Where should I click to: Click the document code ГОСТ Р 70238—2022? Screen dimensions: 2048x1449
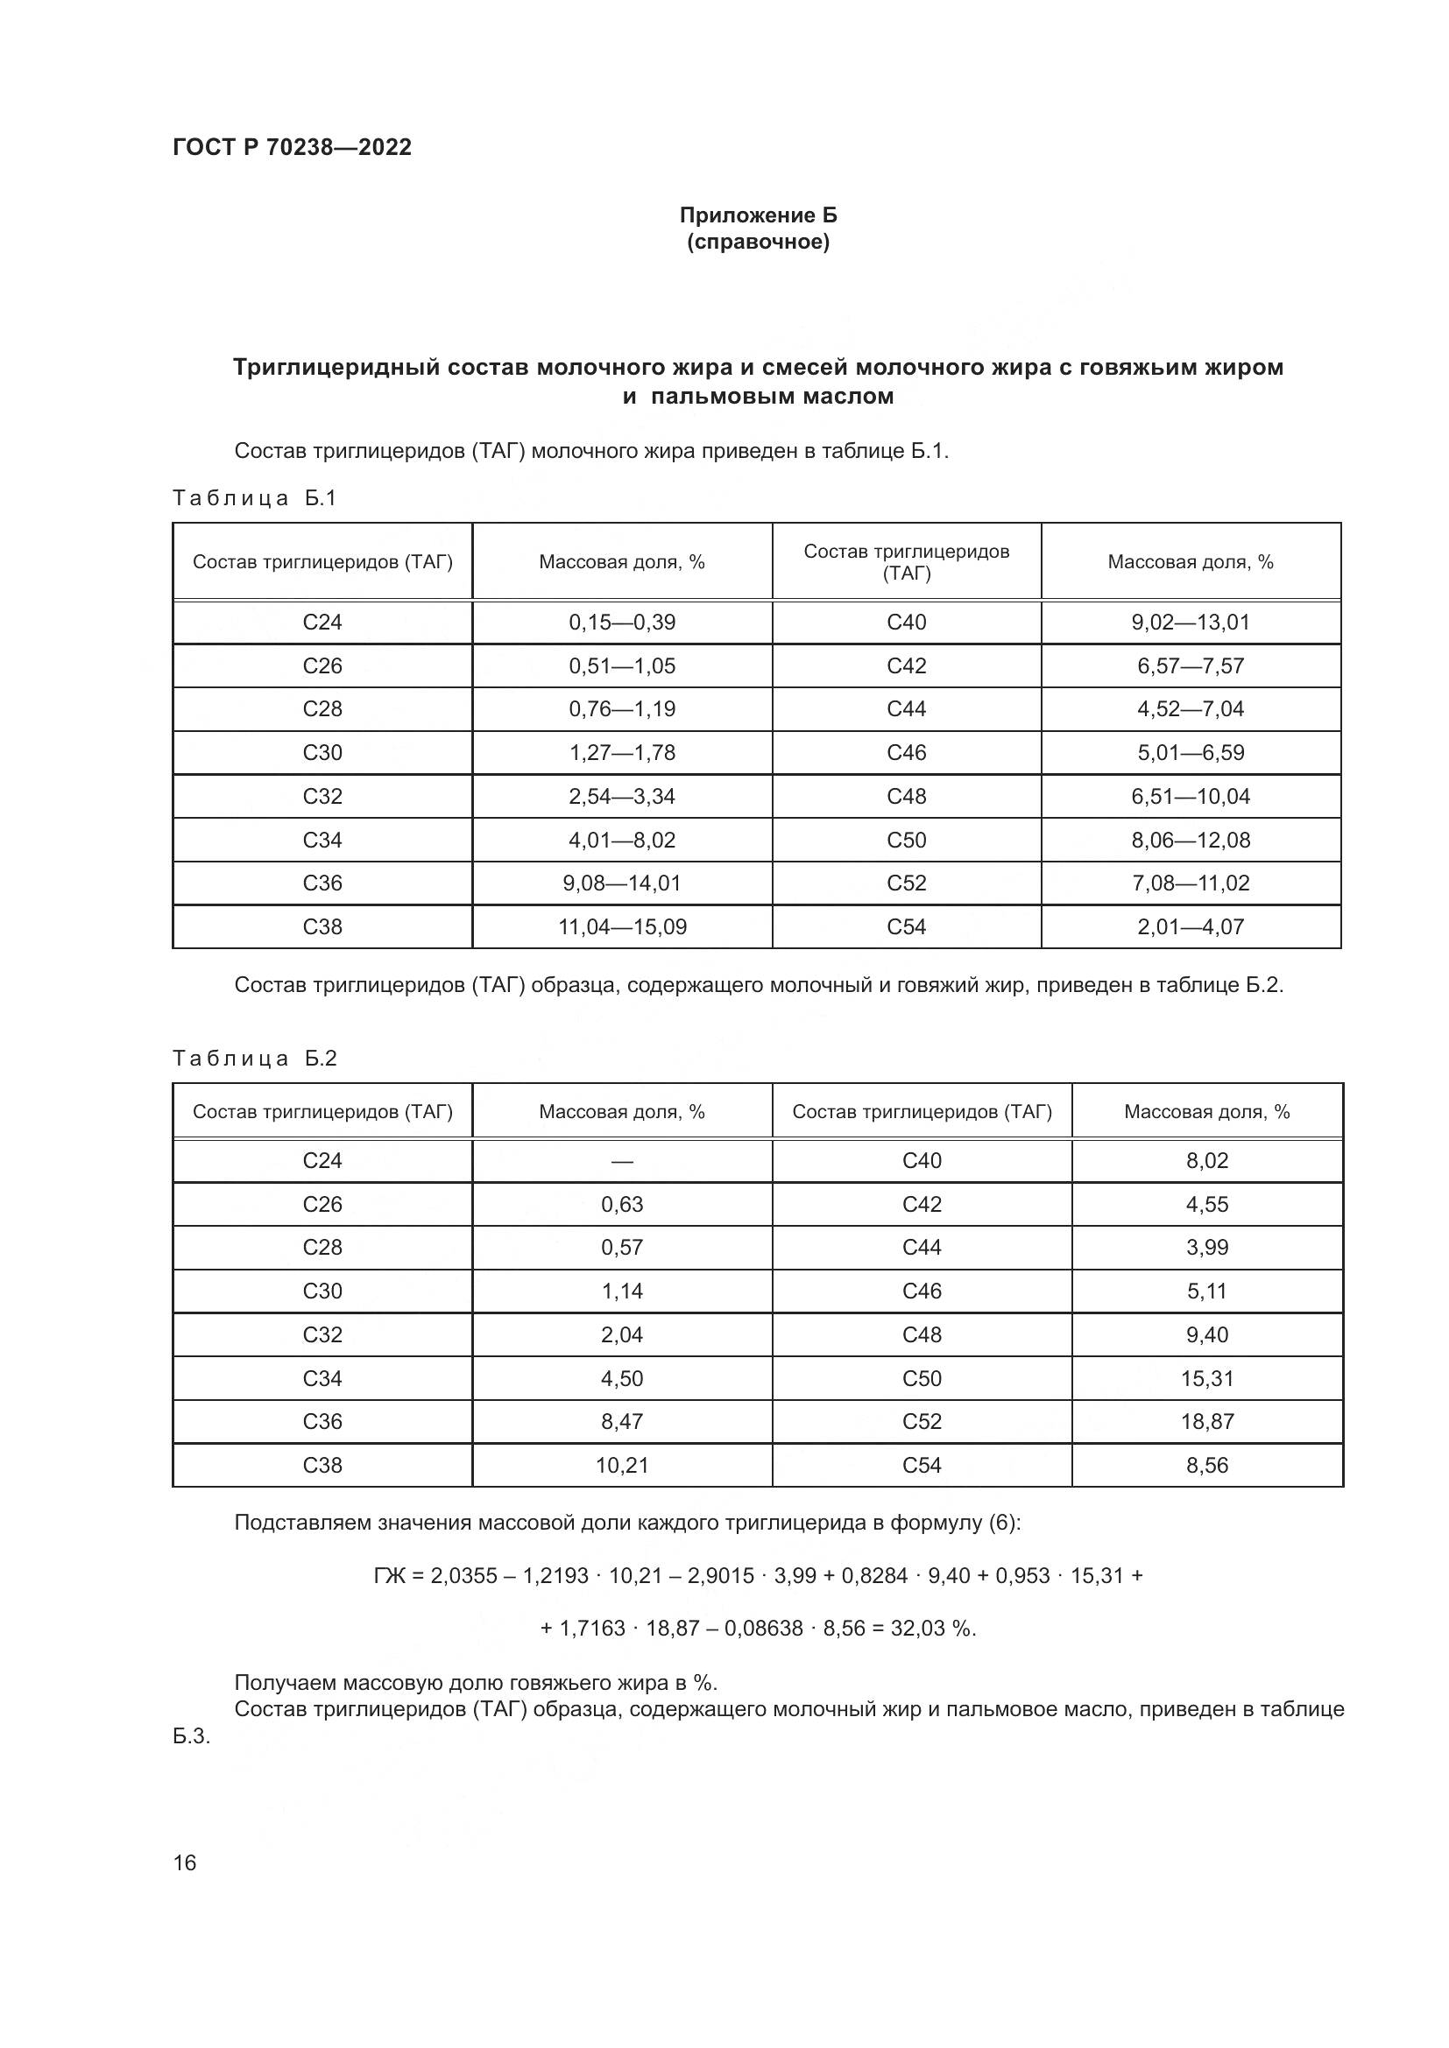click(292, 147)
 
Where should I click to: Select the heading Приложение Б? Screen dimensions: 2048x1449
click(759, 215)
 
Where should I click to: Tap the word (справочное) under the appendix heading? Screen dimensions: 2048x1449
click(759, 243)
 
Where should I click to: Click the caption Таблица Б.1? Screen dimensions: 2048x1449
click(254, 497)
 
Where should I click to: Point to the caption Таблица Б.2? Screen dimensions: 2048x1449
click(254, 1058)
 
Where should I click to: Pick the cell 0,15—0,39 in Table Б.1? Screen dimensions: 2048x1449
click(622, 623)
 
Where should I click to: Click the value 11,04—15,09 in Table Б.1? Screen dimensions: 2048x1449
click(622, 926)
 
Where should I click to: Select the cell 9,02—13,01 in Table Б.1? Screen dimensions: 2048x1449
click(1191, 623)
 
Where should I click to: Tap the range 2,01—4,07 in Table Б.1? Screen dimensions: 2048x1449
click(1191, 926)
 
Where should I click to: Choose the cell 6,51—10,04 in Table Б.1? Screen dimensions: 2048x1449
click(1191, 796)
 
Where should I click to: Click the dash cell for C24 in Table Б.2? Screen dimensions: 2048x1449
click(622, 1161)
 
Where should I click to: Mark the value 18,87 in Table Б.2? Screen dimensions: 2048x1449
click(1207, 1422)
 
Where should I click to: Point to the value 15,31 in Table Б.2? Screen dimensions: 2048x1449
click(1207, 1378)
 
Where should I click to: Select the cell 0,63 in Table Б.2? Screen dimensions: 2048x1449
click(622, 1204)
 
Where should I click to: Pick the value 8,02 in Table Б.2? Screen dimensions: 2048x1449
click(1207, 1160)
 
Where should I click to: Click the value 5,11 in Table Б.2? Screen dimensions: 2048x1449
click(1207, 1291)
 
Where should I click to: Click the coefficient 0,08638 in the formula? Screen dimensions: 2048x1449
click(763, 1629)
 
